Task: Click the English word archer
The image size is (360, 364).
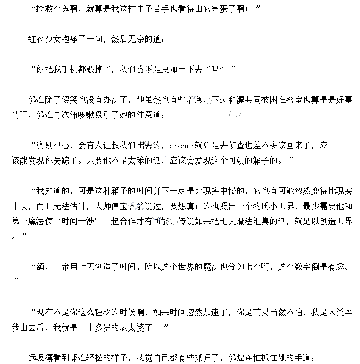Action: [x=182, y=146]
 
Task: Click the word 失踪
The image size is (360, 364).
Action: [x=72, y=160]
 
